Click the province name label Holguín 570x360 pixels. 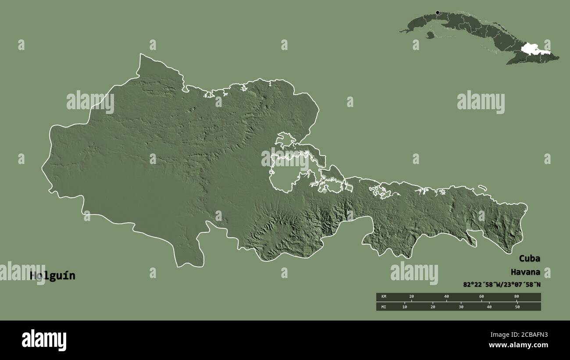[x=52, y=276]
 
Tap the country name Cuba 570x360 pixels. [x=530, y=258]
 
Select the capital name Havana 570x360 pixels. [x=525, y=272]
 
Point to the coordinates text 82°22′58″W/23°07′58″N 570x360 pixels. [x=502, y=285]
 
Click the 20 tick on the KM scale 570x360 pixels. [x=411, y=297]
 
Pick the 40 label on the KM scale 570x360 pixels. [x=446, y=297]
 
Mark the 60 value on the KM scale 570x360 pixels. [x=481, y=297]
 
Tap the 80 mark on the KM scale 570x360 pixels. [x=517, y=297]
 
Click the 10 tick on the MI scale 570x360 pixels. [x=405, y=307]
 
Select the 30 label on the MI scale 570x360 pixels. [x=461, y=307]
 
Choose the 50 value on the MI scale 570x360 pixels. [x=517, y=307]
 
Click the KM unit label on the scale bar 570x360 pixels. [x=384, y=297]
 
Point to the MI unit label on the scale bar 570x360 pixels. [x=384, y=307]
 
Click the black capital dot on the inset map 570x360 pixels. [x=437, y=13]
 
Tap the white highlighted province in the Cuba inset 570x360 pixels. [x=531, y=48]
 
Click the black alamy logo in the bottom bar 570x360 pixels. [x=44, y=340]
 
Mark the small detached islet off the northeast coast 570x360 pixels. [x=482, y=188]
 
